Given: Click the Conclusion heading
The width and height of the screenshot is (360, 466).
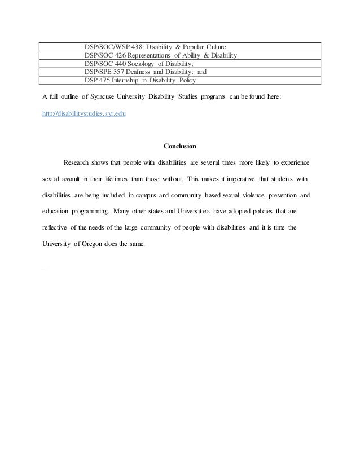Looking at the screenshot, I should (180, 146).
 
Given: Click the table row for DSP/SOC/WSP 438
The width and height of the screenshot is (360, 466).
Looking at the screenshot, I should (155, 46).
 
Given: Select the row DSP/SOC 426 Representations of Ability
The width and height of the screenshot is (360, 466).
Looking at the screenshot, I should (160, 55).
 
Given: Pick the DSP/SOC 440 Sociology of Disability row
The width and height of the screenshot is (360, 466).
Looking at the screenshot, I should (142, 64).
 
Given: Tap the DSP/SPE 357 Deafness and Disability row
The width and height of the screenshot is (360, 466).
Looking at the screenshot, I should (146, 72).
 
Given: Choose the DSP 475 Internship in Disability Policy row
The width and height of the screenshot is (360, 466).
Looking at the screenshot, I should (140, 81).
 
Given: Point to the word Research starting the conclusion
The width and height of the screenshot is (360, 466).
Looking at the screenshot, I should (78, 163).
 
